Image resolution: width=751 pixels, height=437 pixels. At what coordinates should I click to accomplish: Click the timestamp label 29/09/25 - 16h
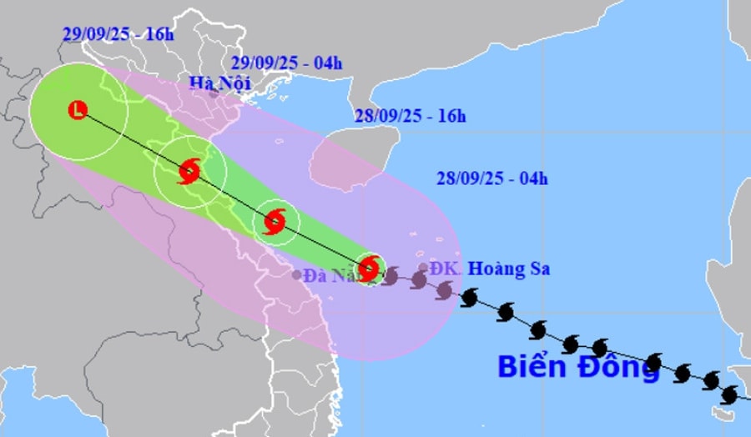118,33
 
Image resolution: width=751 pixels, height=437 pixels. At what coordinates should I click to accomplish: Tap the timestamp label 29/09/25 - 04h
286,63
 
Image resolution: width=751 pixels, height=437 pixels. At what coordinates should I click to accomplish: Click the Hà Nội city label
220,82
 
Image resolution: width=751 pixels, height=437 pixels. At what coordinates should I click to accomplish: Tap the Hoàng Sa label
508,269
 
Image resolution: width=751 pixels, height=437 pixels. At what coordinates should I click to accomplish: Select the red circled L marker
78,109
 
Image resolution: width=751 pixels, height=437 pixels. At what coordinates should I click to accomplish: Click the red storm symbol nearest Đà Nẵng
369,268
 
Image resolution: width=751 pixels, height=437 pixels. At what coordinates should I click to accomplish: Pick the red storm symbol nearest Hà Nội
189,172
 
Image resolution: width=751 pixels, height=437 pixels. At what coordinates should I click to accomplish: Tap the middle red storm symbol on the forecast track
275,222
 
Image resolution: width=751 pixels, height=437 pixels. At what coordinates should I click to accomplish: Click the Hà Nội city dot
214,93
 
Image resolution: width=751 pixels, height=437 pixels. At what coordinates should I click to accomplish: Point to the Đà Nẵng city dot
297,274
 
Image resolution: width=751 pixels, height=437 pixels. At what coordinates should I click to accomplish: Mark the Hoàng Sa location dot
423,268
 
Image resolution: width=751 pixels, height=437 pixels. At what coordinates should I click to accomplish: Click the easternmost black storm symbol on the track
730,394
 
